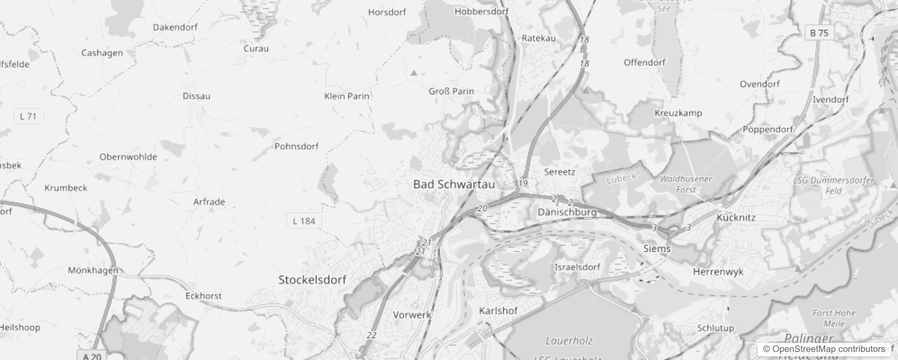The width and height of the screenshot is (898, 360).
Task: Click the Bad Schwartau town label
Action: tap(453, 184)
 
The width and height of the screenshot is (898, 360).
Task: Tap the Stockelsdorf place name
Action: tap(312, 280)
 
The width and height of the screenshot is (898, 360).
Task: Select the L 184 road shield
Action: tap(304, 221)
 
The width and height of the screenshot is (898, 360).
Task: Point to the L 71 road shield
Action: tap(28, 116)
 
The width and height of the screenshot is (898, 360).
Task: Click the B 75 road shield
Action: tap(819, 33)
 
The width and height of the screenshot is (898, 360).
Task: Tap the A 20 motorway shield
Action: tap(93, 356)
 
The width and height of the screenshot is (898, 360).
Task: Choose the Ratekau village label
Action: tap(539, 38)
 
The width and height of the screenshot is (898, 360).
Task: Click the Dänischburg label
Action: tap(567, 212)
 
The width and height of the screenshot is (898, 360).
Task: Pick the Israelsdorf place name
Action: tap(577, 267)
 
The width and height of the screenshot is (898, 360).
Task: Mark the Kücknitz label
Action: tap(736, 218)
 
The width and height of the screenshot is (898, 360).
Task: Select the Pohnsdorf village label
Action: tap(296, 146)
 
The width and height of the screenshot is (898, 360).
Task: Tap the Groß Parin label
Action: tap(451, 91)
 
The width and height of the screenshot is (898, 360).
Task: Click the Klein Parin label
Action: tap(346, 96)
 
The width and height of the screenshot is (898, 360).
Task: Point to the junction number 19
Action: tap(523, 183)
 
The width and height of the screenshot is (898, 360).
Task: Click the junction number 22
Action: tap(371, 335)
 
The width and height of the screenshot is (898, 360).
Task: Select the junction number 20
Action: tap(482, 208)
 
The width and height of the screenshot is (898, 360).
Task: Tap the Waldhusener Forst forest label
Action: tap(686, 184)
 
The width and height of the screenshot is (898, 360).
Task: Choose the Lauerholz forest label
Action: tap(569, 341)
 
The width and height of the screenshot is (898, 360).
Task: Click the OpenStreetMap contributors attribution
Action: tap(824, 349)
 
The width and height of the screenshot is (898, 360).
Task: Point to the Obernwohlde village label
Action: tap(128, 157)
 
